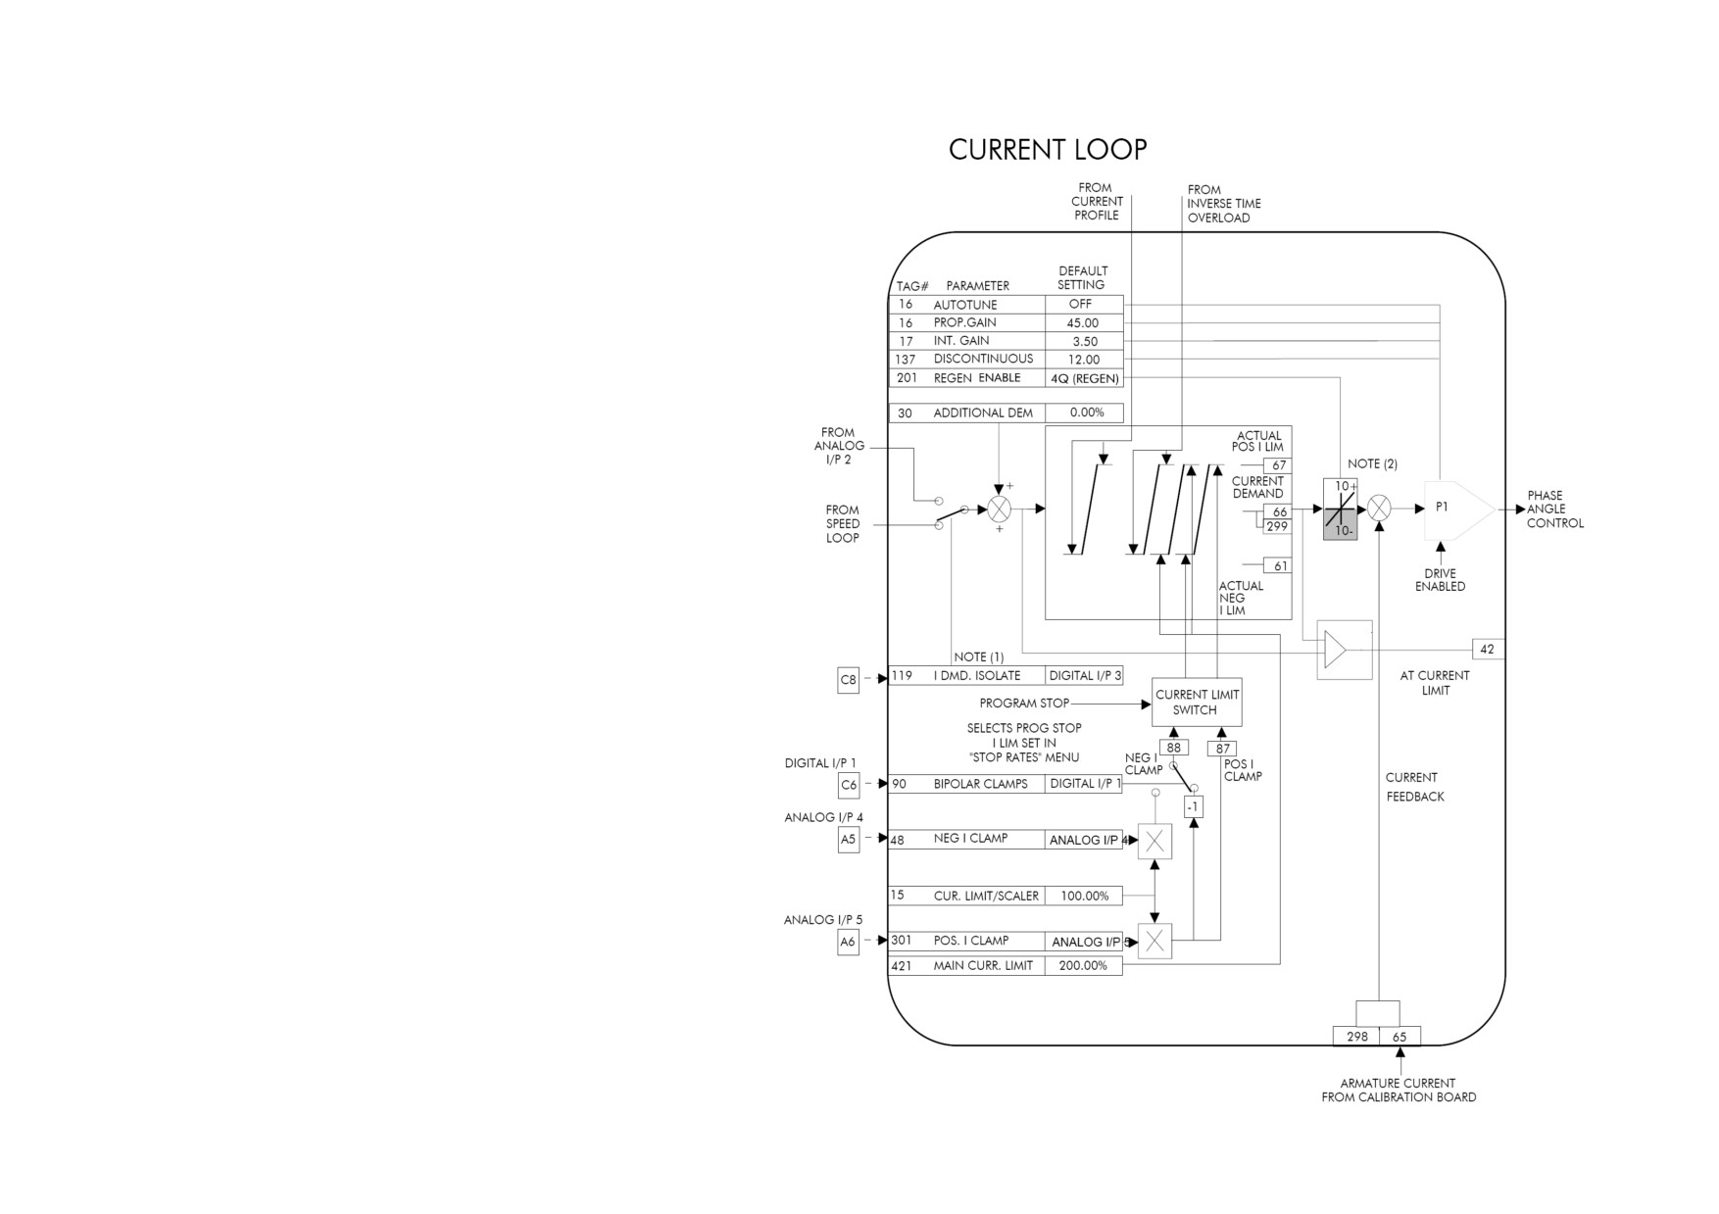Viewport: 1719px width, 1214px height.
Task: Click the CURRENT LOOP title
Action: (x=1048, y=149)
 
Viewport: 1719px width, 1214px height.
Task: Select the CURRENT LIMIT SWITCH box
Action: (x=1197, y=702)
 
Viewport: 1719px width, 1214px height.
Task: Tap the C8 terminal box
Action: (x=849, y=679)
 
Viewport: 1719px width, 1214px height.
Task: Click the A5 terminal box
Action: (x=849, y=840)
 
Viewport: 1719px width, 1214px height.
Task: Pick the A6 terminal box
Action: (x=849, y=942)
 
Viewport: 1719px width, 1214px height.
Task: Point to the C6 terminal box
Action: (x=849, y=785)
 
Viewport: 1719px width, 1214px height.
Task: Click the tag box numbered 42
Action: (x=1488, y=649)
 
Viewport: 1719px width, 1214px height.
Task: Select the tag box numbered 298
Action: (x=1357, y=1037)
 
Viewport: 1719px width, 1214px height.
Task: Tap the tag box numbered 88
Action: (x=1174, y=748)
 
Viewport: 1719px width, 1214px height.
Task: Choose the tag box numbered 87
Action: (x=1222, y=749)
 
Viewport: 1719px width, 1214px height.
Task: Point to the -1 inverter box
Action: (x=1193, y=807)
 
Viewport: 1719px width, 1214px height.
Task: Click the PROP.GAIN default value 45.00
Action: (x=1083, y=322)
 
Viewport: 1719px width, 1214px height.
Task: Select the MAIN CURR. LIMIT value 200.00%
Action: (x=1083, y=966)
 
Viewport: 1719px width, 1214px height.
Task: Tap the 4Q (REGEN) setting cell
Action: (x=1084, y=378)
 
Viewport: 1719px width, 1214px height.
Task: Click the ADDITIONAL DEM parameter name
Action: (x=983, y=413)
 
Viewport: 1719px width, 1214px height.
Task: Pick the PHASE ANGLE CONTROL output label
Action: (x=1555, y=510)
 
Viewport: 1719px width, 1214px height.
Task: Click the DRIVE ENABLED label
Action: (x=1441, y=580)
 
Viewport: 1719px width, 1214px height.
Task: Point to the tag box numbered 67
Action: (x=1277, y=465)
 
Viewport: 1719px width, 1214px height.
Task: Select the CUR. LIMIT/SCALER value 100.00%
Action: (x=1084, y=896)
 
